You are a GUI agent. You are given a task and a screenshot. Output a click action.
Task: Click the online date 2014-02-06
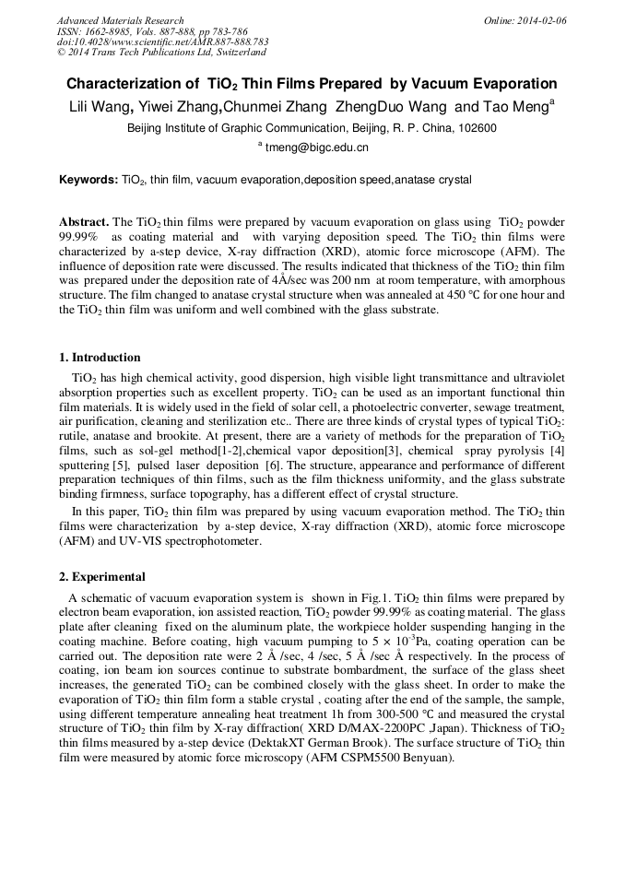[x=543, y=20]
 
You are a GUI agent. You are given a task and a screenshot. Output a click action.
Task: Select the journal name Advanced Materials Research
[x=120, y=20]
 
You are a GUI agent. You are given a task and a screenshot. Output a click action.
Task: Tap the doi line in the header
[x=162, y=41]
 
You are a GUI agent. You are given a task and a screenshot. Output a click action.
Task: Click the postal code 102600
[x=476, y=128]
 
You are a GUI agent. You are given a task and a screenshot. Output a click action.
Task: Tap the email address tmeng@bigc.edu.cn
[x=315, y=147]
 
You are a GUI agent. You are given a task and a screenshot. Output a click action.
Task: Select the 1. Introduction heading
[x=100, y=358]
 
